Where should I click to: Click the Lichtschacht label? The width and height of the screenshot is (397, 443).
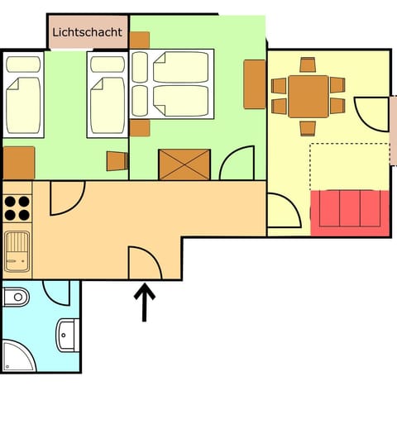88,32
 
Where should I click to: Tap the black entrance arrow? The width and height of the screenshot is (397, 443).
145,302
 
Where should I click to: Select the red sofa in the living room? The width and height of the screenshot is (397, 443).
350,213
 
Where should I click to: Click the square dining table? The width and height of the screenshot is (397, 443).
309,97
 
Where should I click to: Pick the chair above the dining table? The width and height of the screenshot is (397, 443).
308,64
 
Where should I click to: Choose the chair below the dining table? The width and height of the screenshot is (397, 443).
308,128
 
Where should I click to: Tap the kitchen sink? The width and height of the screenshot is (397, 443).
17,251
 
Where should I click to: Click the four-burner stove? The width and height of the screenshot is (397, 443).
17,208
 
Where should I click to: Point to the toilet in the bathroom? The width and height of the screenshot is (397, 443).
16,297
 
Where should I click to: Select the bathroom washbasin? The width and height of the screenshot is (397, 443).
68,335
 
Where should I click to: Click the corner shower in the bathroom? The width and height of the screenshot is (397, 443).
19,356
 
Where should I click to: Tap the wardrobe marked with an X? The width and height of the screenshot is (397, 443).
184,164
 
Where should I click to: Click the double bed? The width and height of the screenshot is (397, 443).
172,84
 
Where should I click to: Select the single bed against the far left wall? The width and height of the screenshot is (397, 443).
23,95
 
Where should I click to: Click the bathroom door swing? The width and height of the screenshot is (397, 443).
56,293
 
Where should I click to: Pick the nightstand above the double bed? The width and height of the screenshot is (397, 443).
140,40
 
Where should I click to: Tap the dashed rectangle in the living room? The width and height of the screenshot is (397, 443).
350,167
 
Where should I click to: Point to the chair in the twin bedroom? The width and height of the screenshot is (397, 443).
117,161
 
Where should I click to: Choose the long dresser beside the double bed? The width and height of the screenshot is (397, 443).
255,84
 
